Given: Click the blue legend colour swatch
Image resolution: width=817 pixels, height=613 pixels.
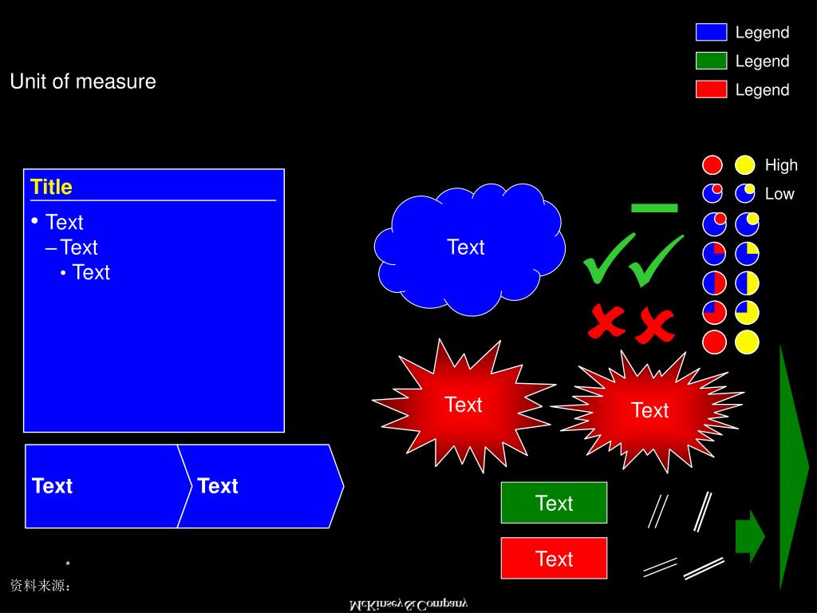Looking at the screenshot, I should pos(711,32).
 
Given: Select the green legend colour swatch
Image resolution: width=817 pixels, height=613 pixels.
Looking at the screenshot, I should pos(711,61).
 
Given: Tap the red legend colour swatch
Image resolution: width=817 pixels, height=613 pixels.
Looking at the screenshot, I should pos(711,89).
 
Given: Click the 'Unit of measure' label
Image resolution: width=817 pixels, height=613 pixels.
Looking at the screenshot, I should pos(83,81).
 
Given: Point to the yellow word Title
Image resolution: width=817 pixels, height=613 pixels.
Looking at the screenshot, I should pos(51,187).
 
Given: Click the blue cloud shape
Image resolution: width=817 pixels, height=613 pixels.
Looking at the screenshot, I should pos(469,247).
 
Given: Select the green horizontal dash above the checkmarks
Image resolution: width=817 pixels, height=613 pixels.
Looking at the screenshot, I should pos(654,208).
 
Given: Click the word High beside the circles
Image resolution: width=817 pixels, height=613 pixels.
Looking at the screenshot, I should pos(781,165).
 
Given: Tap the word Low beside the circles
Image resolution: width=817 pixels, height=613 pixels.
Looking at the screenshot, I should pos(780,194).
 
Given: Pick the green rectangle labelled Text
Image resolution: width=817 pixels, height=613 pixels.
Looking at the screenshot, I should pos(554,503).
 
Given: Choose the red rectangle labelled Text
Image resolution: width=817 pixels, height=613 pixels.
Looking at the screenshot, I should pos(554,558).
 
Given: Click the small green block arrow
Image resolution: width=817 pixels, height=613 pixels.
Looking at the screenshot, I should pos(749,536).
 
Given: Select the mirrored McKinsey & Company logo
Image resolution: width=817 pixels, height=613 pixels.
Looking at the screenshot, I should pos(408,604).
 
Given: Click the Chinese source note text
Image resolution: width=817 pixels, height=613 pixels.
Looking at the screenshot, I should pos(41,586).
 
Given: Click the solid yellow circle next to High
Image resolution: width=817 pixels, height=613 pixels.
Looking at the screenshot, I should pos(745,165).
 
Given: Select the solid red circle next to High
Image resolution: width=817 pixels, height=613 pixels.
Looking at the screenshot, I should pos(712,165).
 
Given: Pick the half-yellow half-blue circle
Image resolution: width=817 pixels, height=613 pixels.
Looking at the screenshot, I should pos(747,283).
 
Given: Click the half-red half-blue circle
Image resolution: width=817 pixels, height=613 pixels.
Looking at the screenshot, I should pos(714,283).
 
